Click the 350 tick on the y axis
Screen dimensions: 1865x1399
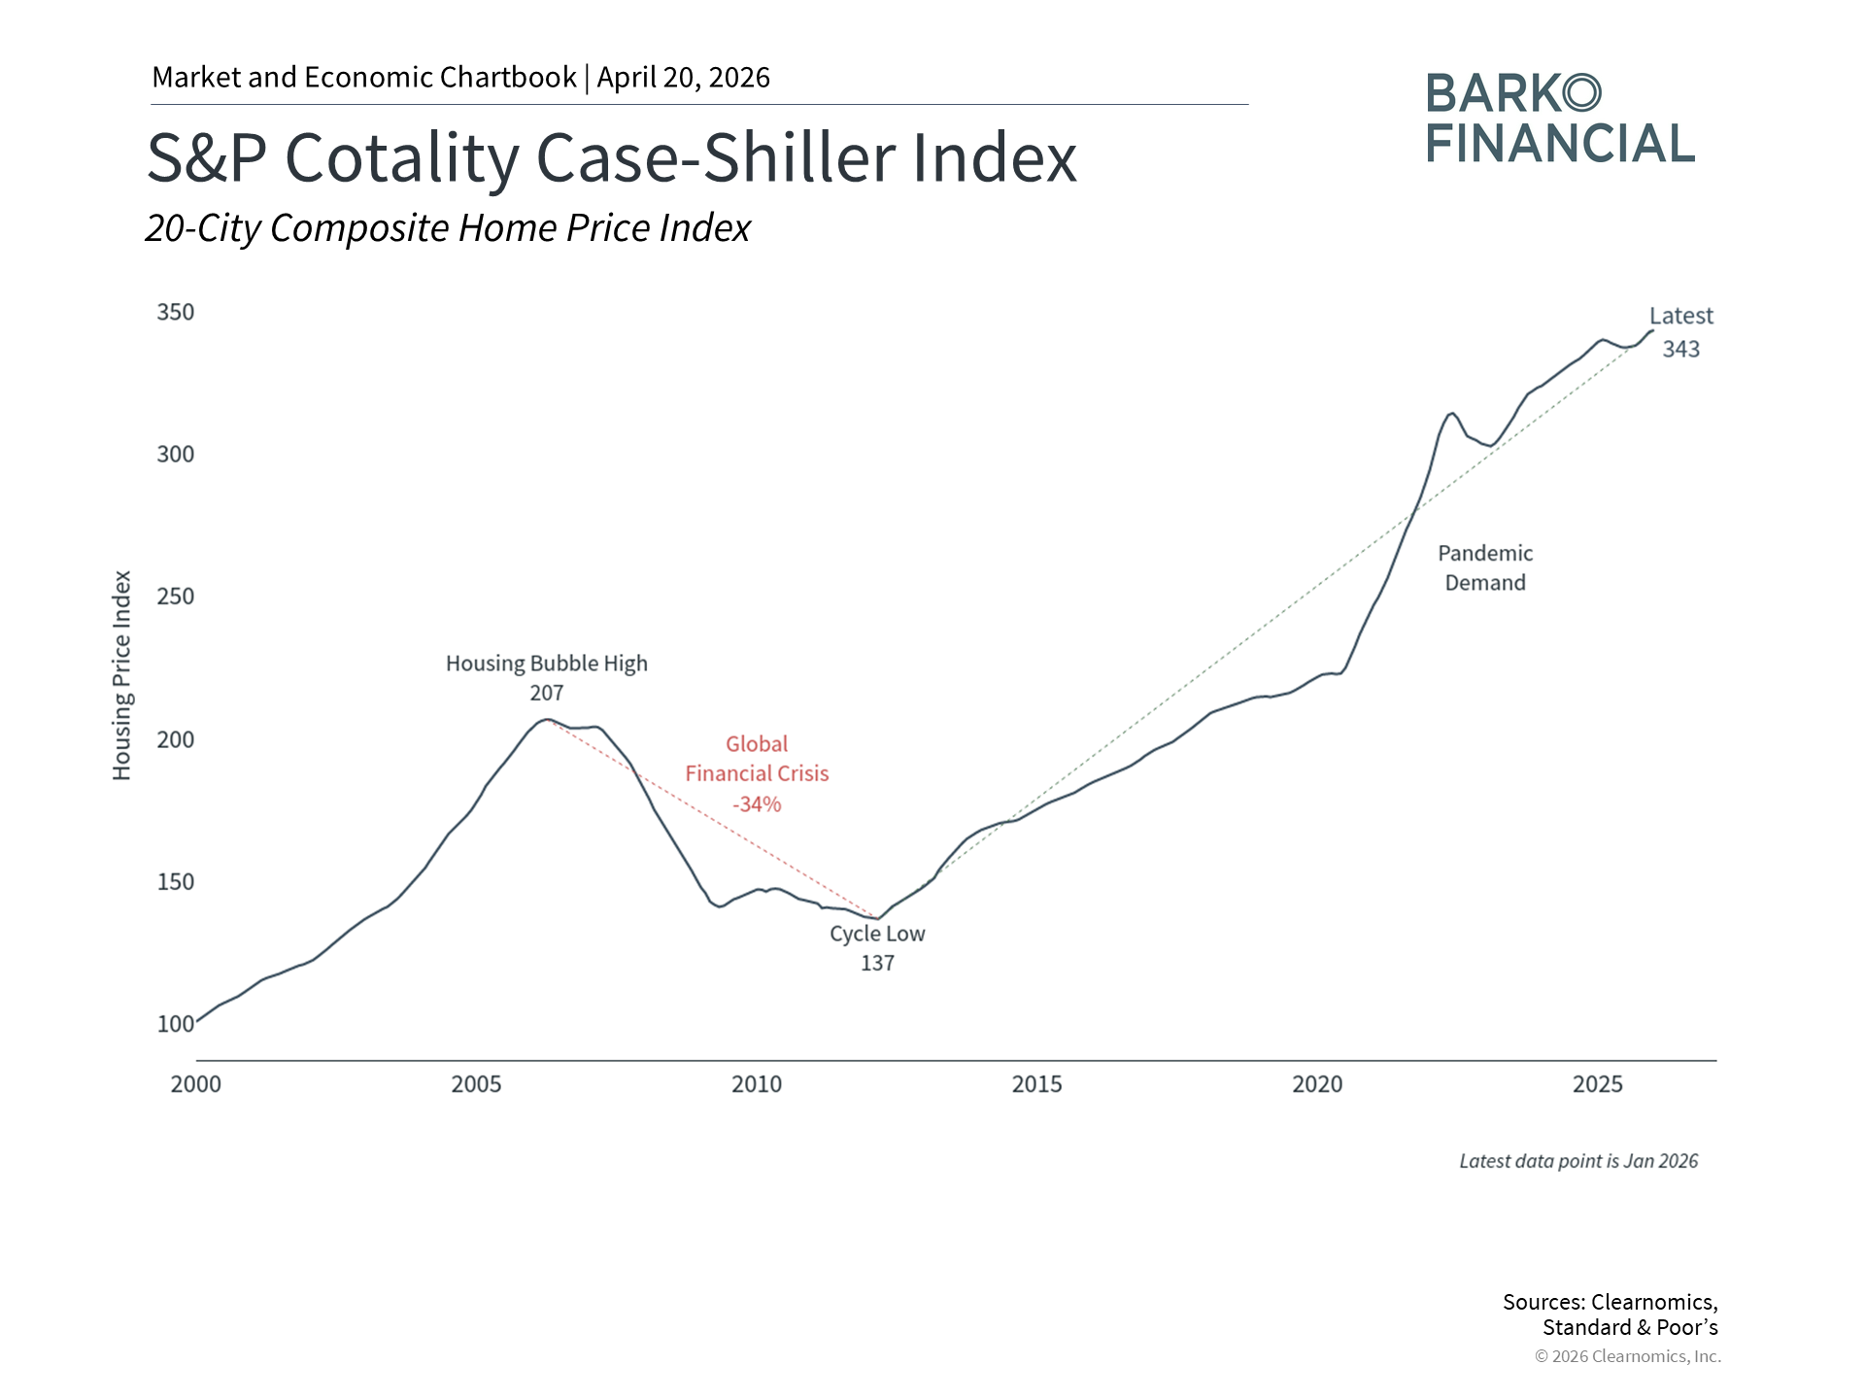176,312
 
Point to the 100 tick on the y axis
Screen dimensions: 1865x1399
176,1024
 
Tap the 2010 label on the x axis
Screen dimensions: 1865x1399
757,1084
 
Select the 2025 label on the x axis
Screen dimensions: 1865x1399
1598,1084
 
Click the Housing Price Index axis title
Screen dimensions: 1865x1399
121,675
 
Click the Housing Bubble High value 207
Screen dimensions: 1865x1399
547,693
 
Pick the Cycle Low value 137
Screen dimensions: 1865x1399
877,963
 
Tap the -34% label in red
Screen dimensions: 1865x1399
757,804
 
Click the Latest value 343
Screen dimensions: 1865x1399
1681,349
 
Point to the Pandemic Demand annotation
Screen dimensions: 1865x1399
1485,567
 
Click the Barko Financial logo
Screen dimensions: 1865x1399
1561,119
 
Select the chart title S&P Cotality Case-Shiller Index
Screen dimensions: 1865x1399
612,157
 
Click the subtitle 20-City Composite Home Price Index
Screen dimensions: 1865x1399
448,228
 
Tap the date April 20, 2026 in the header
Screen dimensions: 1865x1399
684,78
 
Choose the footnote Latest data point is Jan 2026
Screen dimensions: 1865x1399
1578,1161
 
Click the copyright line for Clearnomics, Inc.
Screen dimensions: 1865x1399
1628,1356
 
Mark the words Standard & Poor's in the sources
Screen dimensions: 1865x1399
1631,1328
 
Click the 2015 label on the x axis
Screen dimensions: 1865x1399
1037,1084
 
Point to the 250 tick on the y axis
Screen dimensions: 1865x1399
176,597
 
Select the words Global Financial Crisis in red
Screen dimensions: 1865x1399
757,759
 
